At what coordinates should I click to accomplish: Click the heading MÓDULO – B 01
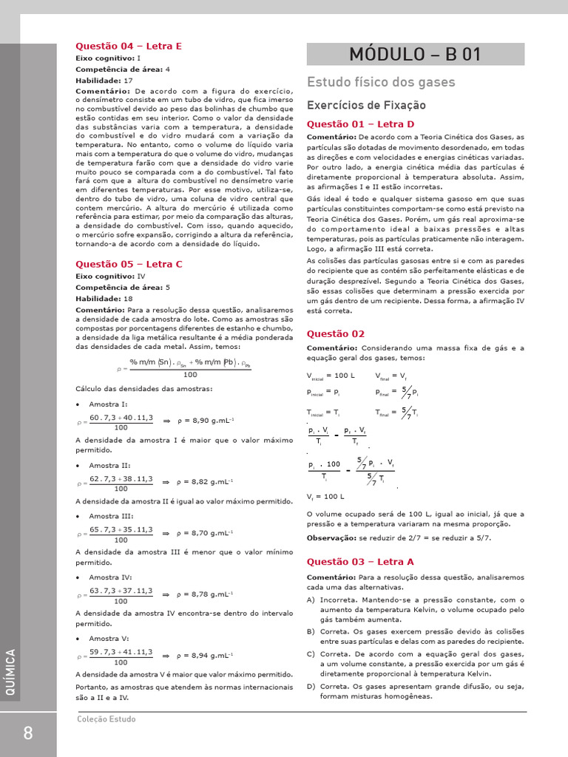(x=416, y=54)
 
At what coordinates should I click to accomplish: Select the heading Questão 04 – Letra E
(x=129, y=46)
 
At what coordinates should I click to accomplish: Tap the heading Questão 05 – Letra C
(x=129, y=264)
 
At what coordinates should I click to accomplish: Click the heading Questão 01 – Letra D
(x=360, y=123)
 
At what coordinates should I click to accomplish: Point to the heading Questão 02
(x=336, y=333)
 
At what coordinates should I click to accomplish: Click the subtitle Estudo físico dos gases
(x=381, y=82)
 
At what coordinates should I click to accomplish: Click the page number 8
(x=28, y=733)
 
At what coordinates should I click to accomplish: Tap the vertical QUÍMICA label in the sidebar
(x=10, y=673)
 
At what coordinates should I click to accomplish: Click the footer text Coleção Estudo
(x=106, y=719)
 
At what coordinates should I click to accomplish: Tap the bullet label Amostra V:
(x=108, y=638)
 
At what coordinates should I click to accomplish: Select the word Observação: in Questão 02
(x=331, y=537)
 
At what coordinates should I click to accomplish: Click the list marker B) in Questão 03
(x=311, y=631)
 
